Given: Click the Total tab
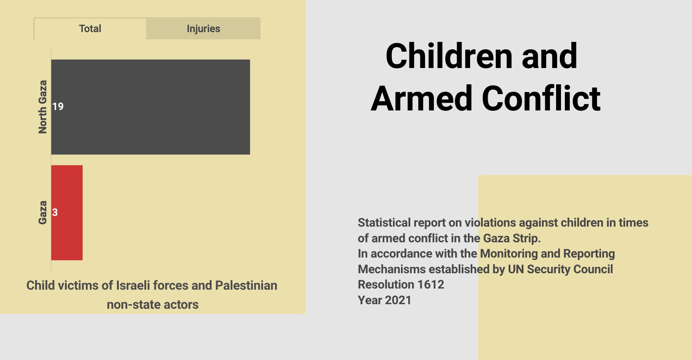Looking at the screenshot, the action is coord(90,29).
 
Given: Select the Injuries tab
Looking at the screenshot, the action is coord(203,29).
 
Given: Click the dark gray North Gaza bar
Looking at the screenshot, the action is coord(150,107).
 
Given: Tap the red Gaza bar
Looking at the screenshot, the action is coord(67,212).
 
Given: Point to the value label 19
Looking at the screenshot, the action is coord(58,107).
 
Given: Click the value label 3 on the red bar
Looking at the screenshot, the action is coord(55,212).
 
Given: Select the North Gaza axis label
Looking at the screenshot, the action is coord(42,107).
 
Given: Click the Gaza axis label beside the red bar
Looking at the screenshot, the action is coord(42,212).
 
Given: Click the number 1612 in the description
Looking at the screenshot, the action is coord(431,285).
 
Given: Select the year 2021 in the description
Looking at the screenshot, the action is coord(398,300).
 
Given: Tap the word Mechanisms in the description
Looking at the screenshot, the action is coord(392,269).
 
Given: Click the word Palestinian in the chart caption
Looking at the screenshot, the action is coord(246,285).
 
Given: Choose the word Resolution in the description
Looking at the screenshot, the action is coord(386,285).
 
